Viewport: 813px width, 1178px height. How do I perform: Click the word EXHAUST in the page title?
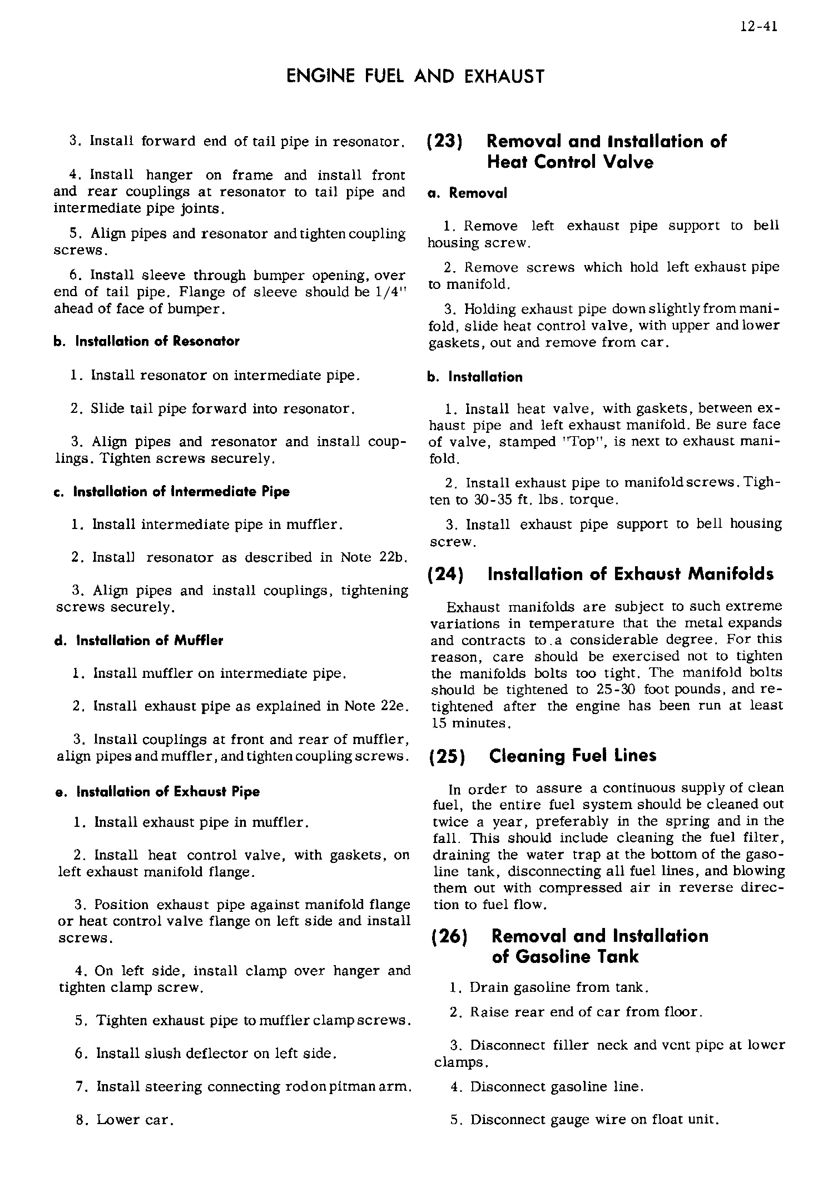pos(504,76)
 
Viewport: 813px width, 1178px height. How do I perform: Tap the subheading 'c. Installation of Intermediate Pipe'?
pos(172,492)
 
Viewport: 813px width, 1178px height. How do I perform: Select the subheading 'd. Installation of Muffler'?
pos(139,641)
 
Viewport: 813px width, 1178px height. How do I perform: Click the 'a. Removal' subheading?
pos(467,193)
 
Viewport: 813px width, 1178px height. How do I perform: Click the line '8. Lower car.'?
pos(125,1120)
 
